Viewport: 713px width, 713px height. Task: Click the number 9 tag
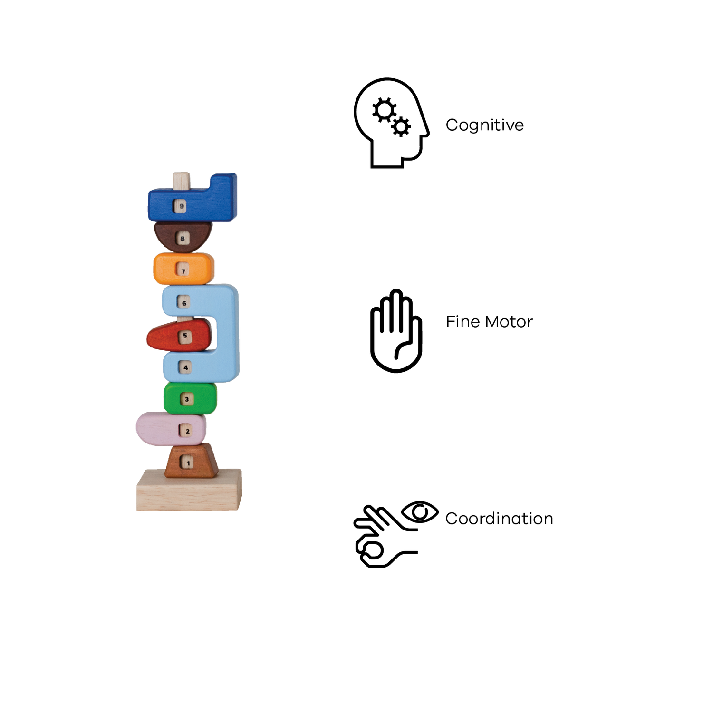click(x=180, y=207)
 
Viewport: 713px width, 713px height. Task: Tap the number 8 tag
click(x=182, y=238)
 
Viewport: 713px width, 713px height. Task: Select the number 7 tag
click(x=183, y=270)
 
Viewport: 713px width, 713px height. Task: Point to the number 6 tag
click(x=184, y=302)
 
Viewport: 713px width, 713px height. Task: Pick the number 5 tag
click(x=185, y=336)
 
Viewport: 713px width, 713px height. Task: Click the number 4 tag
click(x=186, y=367)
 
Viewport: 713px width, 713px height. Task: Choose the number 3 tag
click(x=186, y=399)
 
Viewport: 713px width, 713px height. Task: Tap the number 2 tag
click(x=187, y=431)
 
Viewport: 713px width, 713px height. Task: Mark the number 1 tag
click(x=188, y=462)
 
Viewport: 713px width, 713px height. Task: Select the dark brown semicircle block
click(x=164, y=235)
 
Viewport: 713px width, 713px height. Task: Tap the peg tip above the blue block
click(x=181, y=179)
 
